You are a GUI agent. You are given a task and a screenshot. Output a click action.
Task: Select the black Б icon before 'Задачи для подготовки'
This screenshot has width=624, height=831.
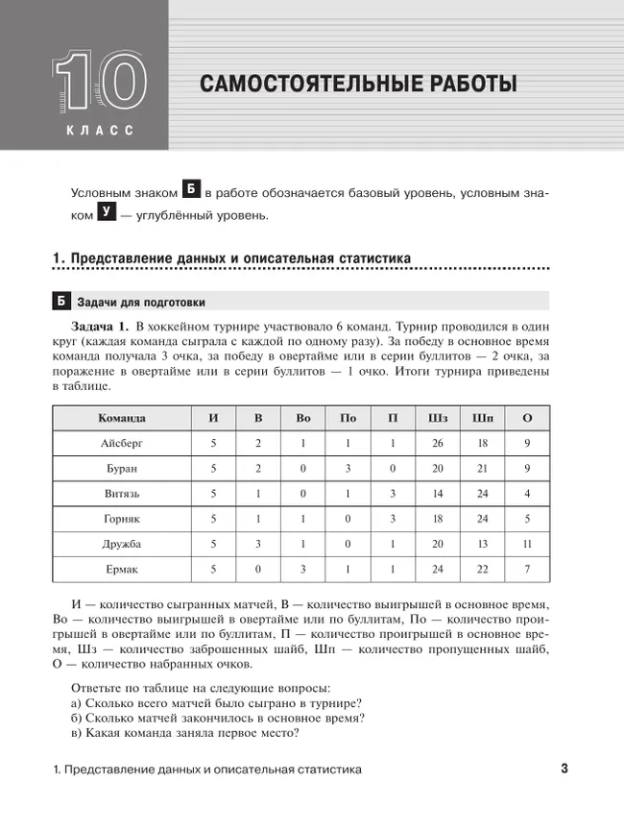60,303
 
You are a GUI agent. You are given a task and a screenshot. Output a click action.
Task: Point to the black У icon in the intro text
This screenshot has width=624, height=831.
106,213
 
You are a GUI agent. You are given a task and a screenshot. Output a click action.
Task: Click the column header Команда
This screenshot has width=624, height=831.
122,418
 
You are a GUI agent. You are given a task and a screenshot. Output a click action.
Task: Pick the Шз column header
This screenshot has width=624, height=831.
439,418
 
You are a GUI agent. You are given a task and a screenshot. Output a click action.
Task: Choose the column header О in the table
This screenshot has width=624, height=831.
527,418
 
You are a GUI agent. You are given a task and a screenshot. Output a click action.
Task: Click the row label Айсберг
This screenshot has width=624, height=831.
122,444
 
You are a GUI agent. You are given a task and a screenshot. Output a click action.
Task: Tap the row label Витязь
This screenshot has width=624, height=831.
122,494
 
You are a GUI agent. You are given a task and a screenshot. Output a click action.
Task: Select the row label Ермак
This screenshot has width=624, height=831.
122,570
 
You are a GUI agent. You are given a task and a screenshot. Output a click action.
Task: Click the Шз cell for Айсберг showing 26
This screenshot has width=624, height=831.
439,444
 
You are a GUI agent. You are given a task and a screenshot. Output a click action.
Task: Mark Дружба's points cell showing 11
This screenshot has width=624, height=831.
527,545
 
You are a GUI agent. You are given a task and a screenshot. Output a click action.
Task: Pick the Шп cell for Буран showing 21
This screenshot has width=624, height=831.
483,469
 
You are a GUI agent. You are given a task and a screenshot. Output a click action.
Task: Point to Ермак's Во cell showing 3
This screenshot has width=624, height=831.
303,570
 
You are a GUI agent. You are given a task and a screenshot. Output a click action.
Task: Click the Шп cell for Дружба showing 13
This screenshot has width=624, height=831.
483,545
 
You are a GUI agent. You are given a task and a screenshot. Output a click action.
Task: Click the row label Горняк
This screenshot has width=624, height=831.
122,519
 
